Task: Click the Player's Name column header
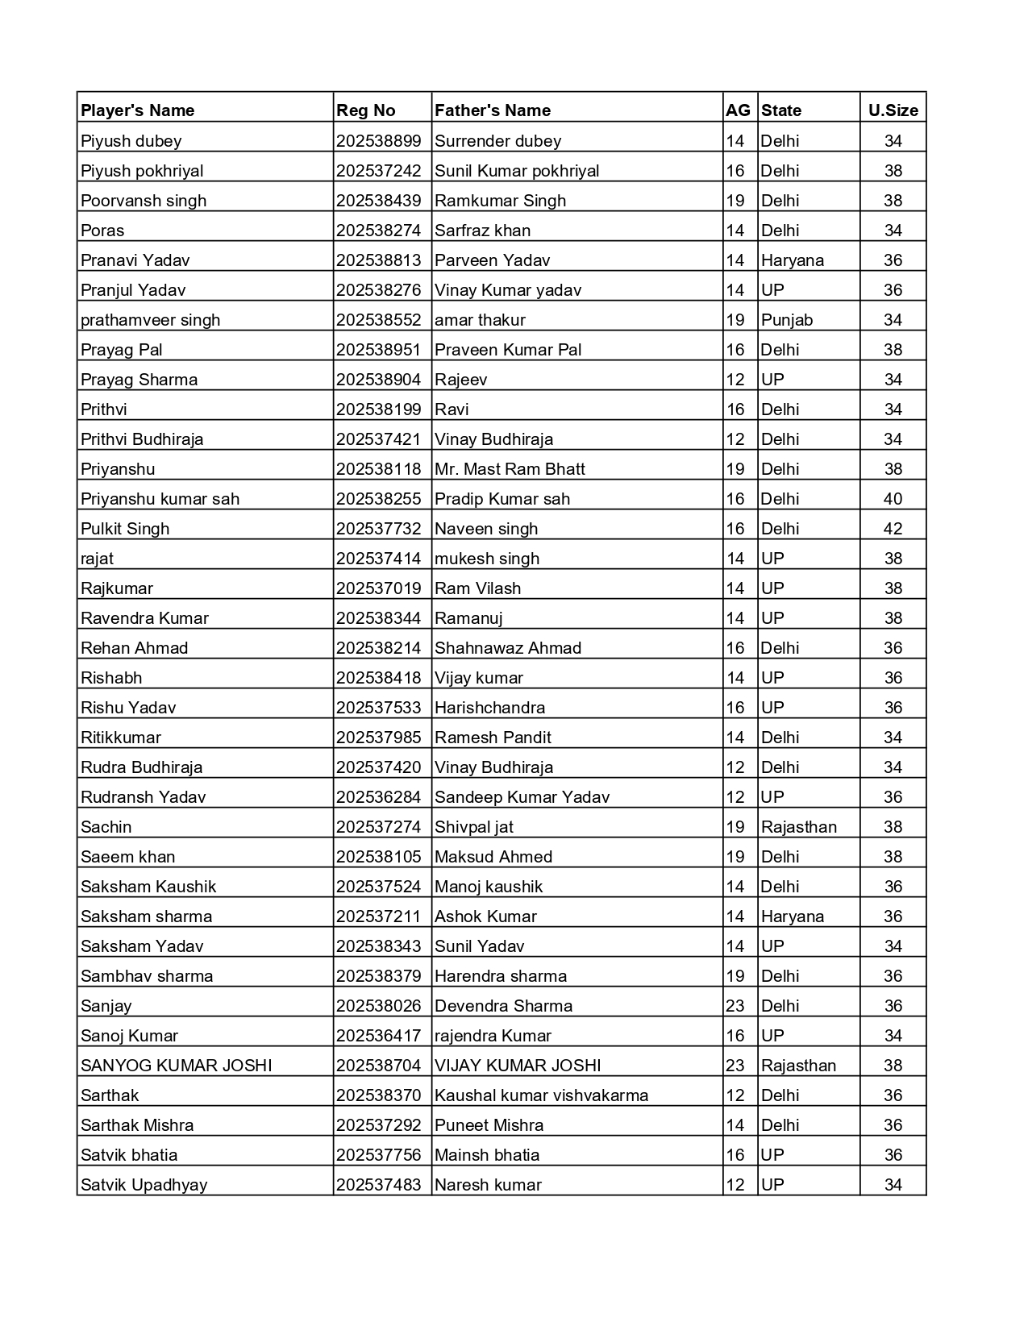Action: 137,110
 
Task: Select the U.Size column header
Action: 893,110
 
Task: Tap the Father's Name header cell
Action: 493,110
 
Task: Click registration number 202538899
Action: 379,141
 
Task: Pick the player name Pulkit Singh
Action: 125,529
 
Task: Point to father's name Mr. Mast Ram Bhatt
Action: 510,469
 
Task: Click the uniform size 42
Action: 893,529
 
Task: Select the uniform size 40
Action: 893,499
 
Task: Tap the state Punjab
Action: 787,320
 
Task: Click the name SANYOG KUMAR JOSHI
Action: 176,1066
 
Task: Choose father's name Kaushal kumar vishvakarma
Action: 541,1095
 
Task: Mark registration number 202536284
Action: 379,797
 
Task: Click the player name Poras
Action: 102,231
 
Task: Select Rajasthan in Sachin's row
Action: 799,827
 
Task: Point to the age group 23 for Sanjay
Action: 735,1006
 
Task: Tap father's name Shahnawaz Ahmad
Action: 508,648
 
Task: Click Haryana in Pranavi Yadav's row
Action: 793,260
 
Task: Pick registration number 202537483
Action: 379,1185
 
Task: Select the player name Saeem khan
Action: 127,857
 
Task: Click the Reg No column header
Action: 366,110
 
